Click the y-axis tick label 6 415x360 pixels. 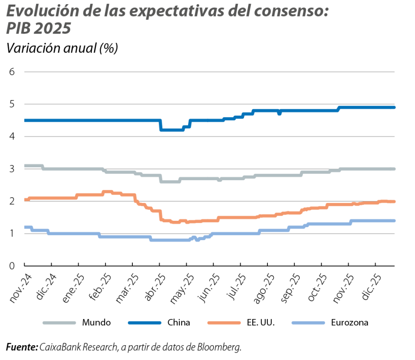coord(12,72)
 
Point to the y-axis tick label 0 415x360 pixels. coord(12,266)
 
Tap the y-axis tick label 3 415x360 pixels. coord(12,169)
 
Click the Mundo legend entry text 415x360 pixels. coord(96,323)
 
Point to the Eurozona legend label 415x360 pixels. coord(350,323)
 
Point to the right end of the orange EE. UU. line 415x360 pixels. coord(394,201)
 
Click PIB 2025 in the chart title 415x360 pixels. coord(39,29)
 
